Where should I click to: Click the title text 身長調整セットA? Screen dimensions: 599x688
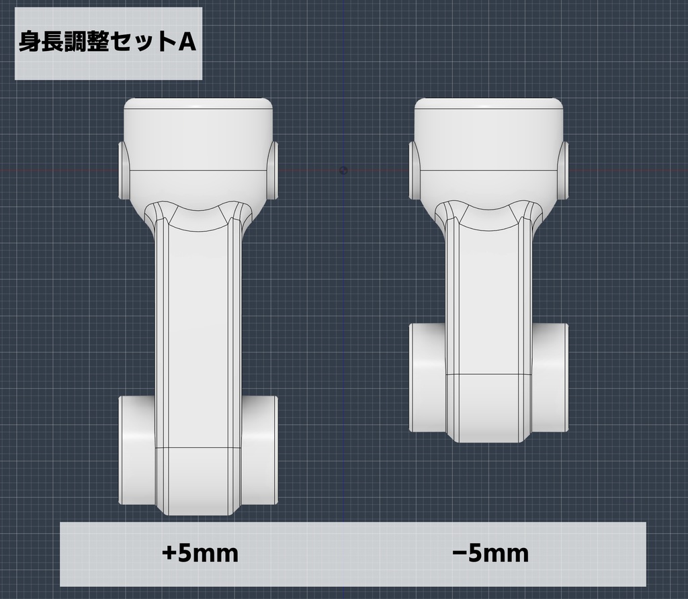107,43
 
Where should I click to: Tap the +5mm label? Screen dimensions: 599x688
200,554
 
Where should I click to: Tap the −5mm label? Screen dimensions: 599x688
490,554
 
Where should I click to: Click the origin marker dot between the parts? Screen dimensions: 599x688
344,170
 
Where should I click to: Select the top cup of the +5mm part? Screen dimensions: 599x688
198,134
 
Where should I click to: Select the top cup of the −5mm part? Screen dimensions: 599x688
488,134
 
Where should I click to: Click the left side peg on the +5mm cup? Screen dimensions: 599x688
124,170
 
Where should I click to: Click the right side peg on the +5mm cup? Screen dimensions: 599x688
273,170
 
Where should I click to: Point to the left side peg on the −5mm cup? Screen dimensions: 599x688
414,170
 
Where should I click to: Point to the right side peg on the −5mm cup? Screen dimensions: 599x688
563,170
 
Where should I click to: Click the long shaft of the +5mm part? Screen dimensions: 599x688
198,322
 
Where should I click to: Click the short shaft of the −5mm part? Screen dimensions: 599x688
488,295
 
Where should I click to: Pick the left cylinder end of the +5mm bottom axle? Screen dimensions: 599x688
138,450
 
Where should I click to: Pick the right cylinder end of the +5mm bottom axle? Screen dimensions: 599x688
259,450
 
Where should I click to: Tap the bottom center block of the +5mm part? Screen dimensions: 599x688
198,480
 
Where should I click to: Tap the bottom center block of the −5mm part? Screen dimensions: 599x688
488,407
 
